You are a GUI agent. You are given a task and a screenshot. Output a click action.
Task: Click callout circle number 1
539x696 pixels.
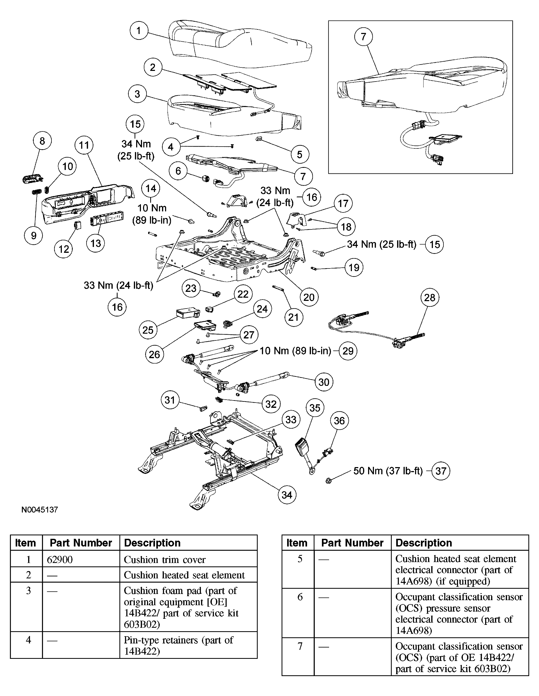(x=139, y=31)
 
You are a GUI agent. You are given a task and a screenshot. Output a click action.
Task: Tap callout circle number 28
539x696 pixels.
(x=429, y=297)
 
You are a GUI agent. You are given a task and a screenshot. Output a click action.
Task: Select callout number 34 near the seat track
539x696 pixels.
(x=287, y=495)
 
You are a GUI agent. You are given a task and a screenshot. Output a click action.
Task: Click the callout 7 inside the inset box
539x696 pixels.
(x=364, y=36)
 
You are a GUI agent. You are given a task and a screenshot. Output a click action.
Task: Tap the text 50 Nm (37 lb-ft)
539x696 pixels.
(x=388, y=471)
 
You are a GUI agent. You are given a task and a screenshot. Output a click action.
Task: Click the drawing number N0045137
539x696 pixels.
(x=40, y=510)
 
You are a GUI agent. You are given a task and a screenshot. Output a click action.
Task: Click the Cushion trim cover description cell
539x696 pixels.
(x=165, y=560)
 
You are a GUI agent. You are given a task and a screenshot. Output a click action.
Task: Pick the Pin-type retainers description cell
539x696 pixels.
(x=178, y=645)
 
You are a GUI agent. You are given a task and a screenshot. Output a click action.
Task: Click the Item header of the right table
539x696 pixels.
(x=297, y=543)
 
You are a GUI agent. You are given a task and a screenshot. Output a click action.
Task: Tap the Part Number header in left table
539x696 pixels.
(x=81, y=543)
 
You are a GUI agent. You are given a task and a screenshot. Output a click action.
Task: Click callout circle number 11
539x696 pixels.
(x=84, y=145)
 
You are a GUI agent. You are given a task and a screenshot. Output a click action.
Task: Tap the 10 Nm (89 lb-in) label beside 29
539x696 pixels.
(x=295, y=351)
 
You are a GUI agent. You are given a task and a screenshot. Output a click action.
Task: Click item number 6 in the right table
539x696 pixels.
(x=300, y=597)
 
